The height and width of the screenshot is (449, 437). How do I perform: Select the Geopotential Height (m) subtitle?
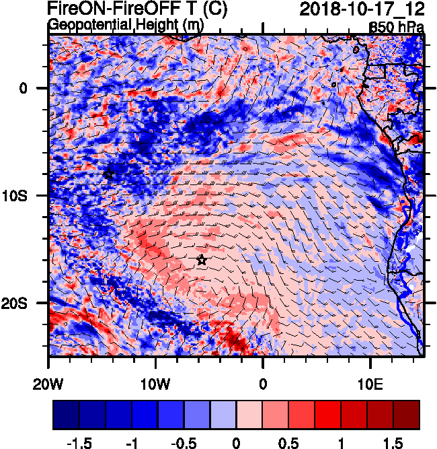coord(126,26)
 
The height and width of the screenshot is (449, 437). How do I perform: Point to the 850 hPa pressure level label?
coord(397,28)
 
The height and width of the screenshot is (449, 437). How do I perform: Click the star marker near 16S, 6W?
coord(201,260)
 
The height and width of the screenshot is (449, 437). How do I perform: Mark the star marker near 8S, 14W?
coord(109,174)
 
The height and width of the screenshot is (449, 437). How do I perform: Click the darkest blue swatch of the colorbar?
coord(66,415)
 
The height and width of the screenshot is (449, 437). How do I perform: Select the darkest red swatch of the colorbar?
coord(407,415)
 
